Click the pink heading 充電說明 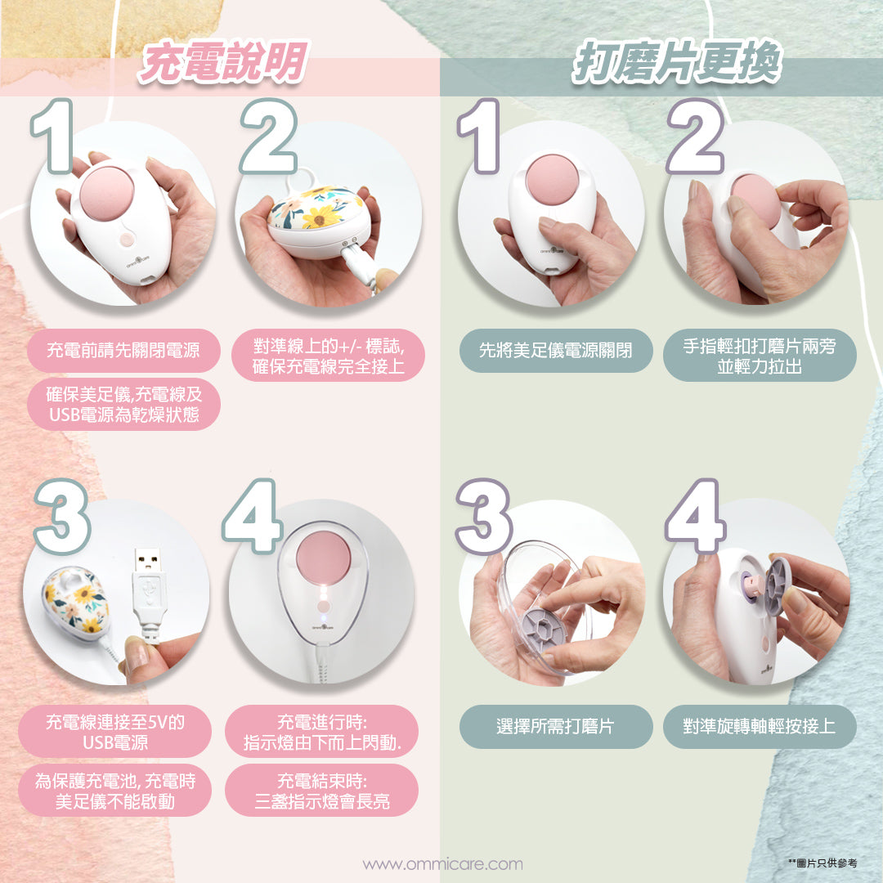[x=223, y=62]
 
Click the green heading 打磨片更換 [x=677, y=62]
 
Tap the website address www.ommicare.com [x=442, y=864]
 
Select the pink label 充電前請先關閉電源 [x=123, y=350]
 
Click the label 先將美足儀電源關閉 [x=556, y=350]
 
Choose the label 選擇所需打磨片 [x=556, y=727]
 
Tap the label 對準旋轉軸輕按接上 [x=760, y=727]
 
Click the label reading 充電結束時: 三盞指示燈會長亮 [x=321, y=791]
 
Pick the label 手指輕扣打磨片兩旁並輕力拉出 [x=760, y=356]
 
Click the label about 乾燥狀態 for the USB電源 [x=123, y=405]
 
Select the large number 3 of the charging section [x=61, y=517]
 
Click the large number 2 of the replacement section [x=696, y=137]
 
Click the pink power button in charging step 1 [x=127, y=240]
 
